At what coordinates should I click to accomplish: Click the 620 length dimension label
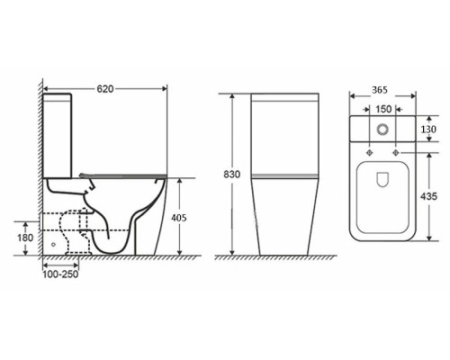[x=105, y=89]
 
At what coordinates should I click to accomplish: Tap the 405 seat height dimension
[x=179, y=218]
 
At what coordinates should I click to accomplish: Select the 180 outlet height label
[x=25, y=238]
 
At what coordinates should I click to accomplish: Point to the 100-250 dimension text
[x=60, y=274]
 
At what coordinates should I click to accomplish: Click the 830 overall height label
[x=232, y=175]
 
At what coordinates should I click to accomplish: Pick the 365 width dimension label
[x=380, y=90]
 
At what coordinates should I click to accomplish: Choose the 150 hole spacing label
[x=383, y=109]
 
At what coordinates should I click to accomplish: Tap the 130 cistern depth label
[x=428, y=130]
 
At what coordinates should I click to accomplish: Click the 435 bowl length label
[x=428, y=196]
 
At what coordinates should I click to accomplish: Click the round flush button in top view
[x=382, y=130]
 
